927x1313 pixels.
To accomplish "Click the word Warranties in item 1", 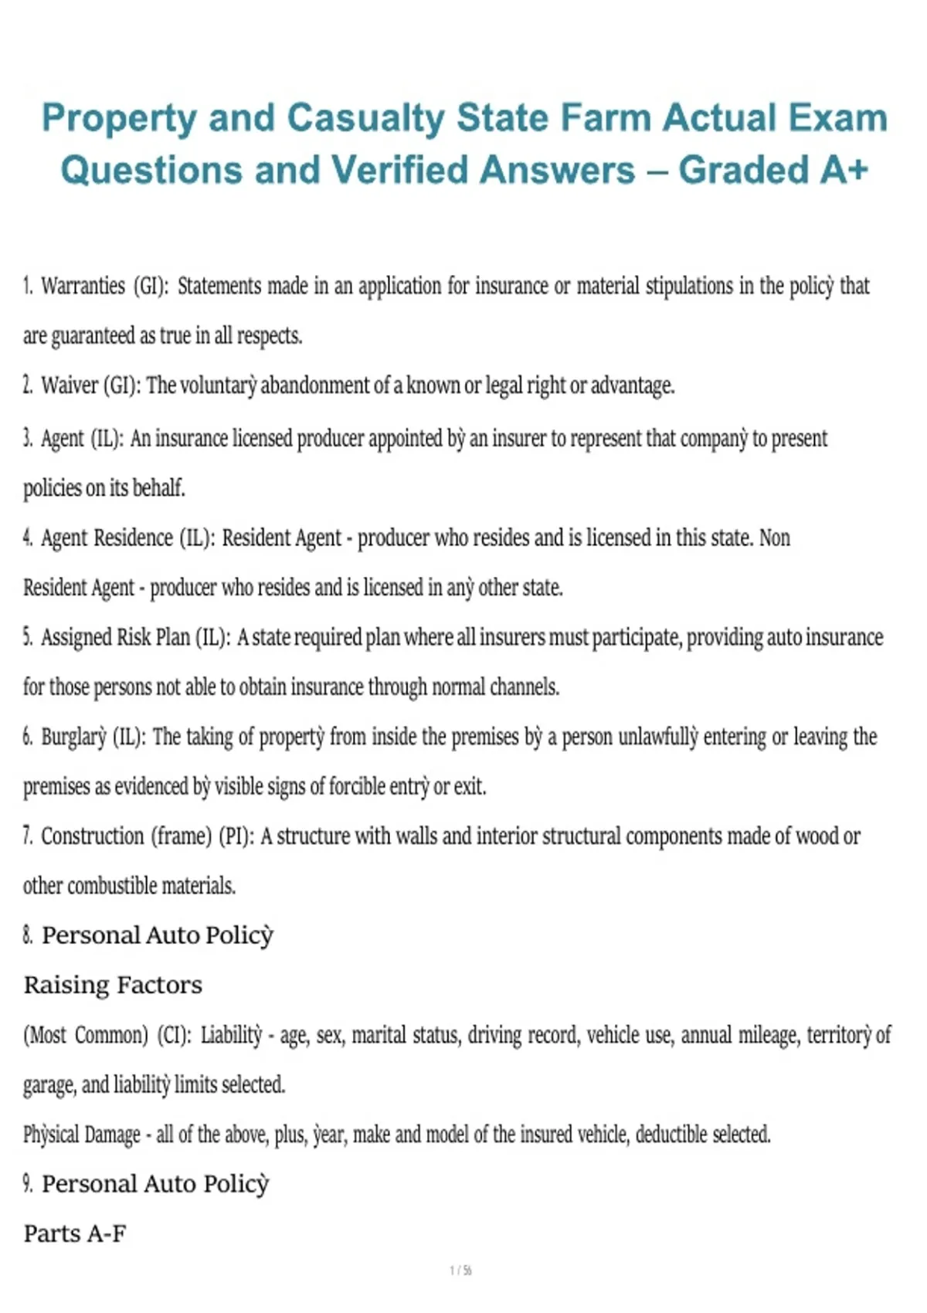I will click(x=83, y=286).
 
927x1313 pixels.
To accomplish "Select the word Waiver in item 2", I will click(x=70, y=385).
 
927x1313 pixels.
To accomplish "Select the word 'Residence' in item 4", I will click(x=133, y=538).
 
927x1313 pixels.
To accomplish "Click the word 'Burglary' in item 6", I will click(x=73, y=737).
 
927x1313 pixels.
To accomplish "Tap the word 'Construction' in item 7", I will click(x=93, y=836).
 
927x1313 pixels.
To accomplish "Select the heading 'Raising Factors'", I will click(x=113, y=985).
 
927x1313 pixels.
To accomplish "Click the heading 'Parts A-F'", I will click(x=75, y=1233).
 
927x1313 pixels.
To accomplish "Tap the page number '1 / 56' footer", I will click(x=461, y=1271).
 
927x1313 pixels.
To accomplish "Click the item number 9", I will click(x=28, y=1184).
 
